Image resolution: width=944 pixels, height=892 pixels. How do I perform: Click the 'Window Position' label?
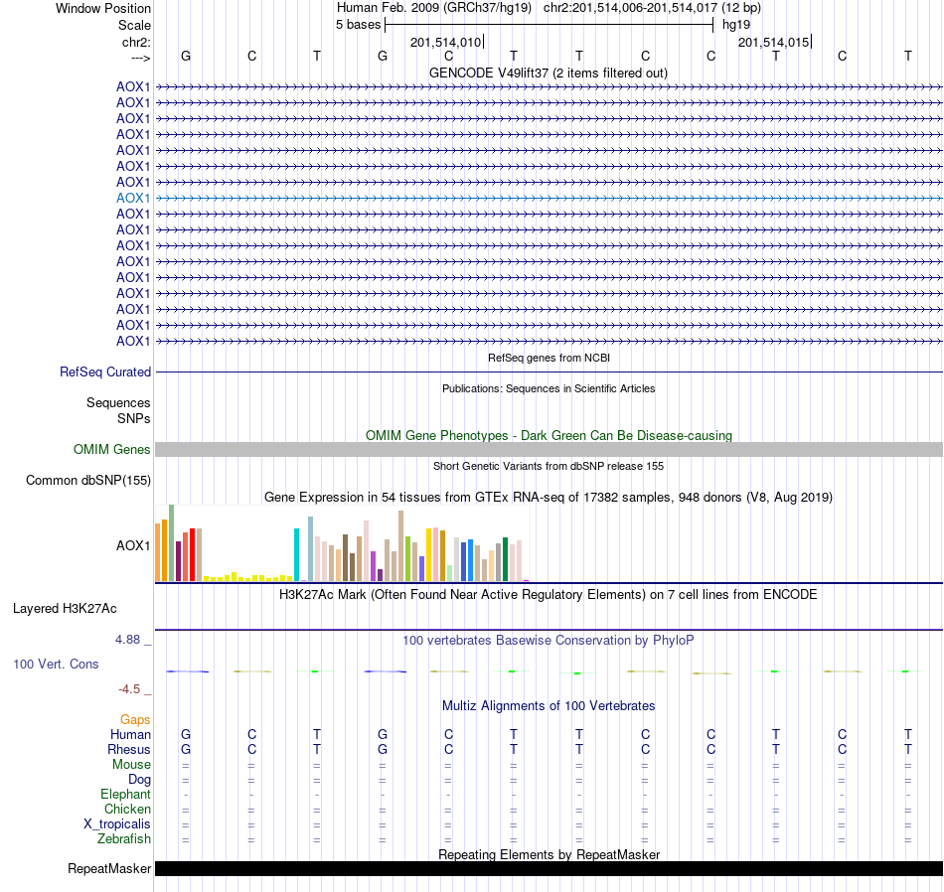103,8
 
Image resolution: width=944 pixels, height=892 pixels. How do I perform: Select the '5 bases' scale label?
358,24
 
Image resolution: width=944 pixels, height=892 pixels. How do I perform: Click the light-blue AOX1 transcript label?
133,198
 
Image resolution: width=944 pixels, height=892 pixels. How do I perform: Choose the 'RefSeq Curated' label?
105,372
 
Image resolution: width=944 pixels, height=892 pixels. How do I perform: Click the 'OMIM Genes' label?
112,449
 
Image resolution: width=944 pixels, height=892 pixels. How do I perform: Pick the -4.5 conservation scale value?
131,688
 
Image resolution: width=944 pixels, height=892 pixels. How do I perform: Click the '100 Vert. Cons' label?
56,664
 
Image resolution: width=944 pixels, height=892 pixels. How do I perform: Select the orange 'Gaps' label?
135,719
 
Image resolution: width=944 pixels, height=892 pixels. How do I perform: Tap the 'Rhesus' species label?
129,749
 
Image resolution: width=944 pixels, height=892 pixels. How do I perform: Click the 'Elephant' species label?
125,794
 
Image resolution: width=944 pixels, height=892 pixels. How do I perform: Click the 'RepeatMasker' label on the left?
109,869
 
